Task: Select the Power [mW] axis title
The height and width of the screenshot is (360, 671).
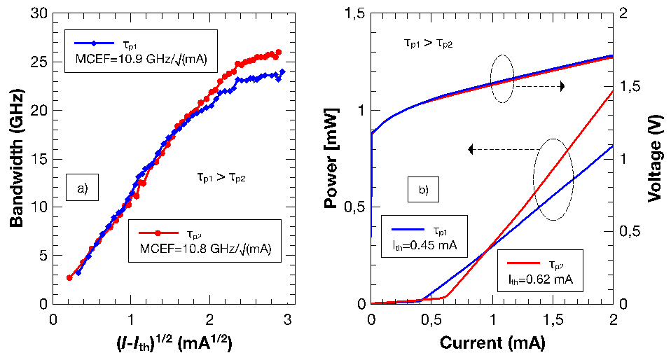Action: (x=331, y=159)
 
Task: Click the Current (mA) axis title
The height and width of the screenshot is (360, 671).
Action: (x=492, y=344)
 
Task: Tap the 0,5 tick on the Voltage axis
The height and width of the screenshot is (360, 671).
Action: (x=630, y=231)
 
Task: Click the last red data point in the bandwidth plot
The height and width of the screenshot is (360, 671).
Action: (x=279, y=53)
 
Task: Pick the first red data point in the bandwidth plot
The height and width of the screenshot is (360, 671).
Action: (x=69, y=278)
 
